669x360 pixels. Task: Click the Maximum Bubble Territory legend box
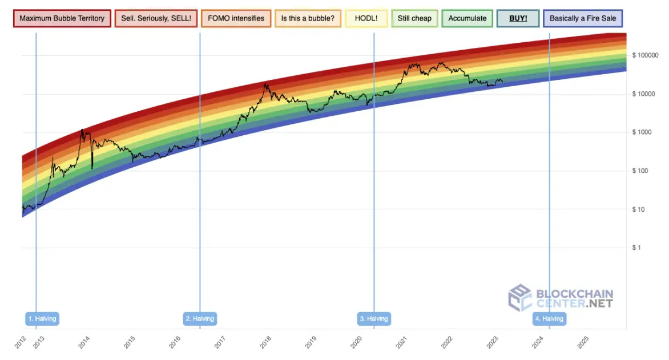coord(62,18)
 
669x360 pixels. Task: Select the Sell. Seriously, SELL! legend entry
coord(156,18)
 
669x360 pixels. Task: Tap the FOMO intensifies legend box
coord(236,18)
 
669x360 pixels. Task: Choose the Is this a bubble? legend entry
coord(308,18)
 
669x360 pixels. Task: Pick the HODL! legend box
coord(366,18)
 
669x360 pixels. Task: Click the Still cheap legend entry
coord(414,18)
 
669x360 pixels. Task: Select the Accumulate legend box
coord(468,18)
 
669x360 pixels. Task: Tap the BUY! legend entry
coord(518,18)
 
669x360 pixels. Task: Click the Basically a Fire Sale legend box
coord(583,18)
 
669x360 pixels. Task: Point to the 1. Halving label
coord(43,318)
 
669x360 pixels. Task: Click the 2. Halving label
coord(200,318)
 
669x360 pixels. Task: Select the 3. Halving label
coord(374,318)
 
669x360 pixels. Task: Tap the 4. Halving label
coord(549,318)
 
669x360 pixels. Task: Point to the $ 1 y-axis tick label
coord(637,248)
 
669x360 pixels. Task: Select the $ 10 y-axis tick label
coord(639,209)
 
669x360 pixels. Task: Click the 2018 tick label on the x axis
coord(265,342)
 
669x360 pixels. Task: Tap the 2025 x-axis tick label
coord(583,342)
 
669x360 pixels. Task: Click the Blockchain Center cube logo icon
coord(520,298)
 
